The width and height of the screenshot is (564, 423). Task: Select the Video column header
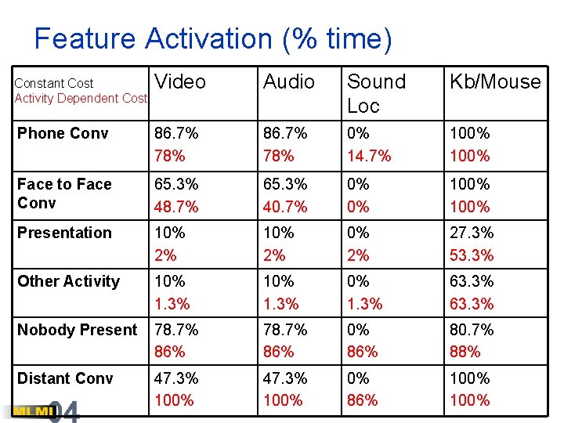tap(180, 82)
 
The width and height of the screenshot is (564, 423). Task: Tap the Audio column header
tap(289, 82)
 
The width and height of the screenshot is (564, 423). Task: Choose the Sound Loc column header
tap(376, 93)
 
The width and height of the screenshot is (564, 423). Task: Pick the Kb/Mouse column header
tap(494, 82)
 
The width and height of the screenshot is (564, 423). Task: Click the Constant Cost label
tap(54, 83)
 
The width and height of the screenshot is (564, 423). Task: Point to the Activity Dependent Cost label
tap(81, 98)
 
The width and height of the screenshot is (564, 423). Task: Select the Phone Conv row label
tap(63, 133)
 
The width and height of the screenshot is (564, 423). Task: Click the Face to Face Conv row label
tap(64, 193)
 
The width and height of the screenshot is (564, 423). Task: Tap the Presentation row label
tap(64, 233)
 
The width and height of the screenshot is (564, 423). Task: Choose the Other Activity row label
tap(68, 281)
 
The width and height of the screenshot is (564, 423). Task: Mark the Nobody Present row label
tap(77, 330)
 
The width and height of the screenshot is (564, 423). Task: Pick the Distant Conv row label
tap(65, 378)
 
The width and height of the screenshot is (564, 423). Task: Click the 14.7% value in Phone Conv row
tap(370, 156)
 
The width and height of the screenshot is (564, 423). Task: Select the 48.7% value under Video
tap(176, 207)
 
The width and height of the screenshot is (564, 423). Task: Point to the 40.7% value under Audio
tap(285, 207)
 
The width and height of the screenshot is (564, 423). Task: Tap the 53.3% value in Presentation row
tap(472, 255)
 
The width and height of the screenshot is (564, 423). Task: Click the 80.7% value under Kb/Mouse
tap(472, 330)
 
